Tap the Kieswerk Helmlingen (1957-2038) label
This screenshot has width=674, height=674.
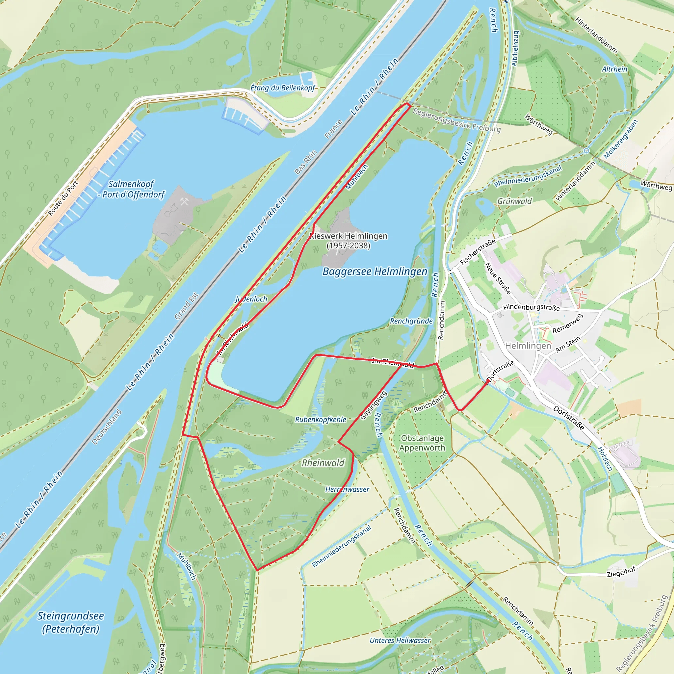click(x=349, y=241)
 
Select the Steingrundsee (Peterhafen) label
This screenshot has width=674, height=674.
click(x=70, y=622)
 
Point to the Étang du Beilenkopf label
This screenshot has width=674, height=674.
click(x=283, y=88)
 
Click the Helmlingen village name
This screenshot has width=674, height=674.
click(x=528, y=346)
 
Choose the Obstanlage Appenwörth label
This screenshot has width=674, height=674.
click(x=422, y=443)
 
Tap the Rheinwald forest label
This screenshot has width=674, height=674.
click(x=323, y=463)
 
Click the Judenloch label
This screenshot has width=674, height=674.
click(x=251, y=299)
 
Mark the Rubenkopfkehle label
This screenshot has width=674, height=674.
click(x=321, y=420)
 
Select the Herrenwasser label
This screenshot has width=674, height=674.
click(x=347, y=489)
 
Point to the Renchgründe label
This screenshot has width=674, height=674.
click(x=411, y=321)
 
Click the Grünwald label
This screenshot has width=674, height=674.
click(x=514, y=201)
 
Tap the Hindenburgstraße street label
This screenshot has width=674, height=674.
click(x=531, y=307)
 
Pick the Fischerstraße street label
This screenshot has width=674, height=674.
click(x=478, y=252)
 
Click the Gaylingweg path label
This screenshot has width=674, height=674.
click(x=373, y=405)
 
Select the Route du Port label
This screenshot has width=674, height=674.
click(x=63, y=198)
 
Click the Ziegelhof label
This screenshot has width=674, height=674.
click(x=621, y=572)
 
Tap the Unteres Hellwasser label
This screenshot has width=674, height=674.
click(x=400, y=640)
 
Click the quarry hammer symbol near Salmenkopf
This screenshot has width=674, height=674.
click(x=185, y=201)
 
